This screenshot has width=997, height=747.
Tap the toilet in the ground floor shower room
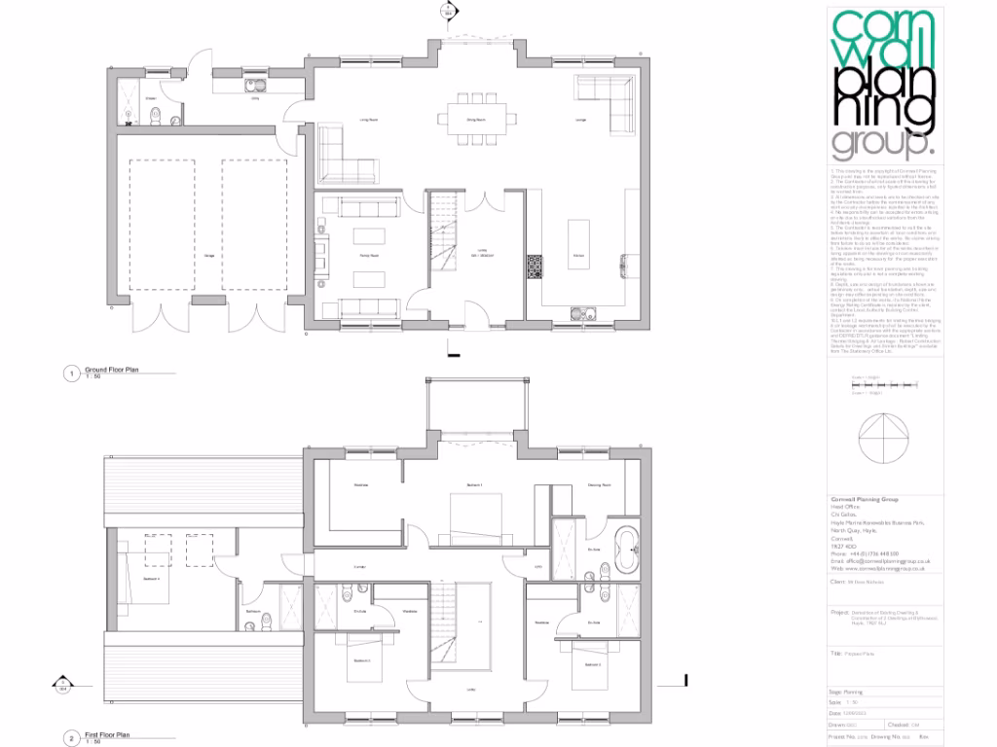pos(156,116)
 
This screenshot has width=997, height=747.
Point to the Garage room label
pos(209,255)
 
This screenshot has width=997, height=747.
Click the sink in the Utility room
pos(239,89)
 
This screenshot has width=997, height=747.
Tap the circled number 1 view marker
pos(70,373)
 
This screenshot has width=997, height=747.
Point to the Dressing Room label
pos(599,484)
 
